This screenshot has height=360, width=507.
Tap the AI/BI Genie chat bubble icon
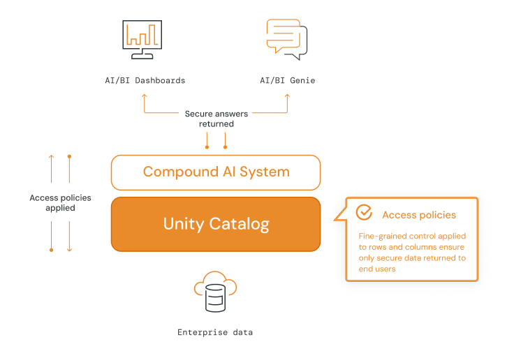(287, 39)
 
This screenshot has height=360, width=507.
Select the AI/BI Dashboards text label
(145, 80)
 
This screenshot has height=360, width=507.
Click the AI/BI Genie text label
(287, 80)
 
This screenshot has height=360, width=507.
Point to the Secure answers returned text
(216, 119)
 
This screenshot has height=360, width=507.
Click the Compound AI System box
(216, 172)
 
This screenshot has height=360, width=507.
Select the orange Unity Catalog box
(216, 224)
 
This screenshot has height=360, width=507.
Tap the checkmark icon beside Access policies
(364, 213)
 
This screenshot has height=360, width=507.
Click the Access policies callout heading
(419, 215)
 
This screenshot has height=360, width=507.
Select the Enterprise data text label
(215, 332)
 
